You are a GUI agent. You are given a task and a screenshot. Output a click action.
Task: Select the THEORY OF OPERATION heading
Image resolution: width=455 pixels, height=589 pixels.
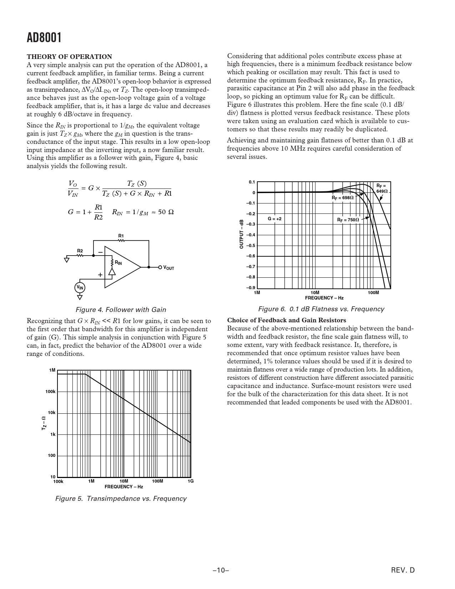click(70, 57)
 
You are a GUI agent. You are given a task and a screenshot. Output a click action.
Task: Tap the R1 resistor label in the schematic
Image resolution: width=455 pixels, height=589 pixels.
click(121, 236)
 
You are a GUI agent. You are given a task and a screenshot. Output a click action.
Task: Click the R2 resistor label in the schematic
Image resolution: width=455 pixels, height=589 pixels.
click(80, 251)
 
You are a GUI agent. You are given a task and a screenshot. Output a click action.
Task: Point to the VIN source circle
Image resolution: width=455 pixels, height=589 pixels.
click(80, 288)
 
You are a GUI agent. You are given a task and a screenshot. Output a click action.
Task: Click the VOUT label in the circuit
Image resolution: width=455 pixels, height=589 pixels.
click(168, 268)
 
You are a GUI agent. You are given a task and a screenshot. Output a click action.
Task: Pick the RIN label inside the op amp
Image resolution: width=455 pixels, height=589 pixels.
click(118, 263)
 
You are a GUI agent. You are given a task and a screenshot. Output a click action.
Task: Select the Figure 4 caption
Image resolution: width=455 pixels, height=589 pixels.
click(121, 309)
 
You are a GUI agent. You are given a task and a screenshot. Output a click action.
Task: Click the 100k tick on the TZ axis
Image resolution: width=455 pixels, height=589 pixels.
click(50, 392)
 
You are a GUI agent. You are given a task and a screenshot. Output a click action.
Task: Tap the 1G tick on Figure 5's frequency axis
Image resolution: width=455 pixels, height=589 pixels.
click(191, 481)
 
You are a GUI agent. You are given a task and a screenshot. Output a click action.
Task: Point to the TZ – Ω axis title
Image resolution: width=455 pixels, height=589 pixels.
click(44, 423)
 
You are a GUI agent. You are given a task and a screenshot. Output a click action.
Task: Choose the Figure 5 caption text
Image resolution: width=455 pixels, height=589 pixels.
click(121, 498)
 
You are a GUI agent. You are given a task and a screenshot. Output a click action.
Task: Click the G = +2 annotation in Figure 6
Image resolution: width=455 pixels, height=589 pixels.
click(274, 218)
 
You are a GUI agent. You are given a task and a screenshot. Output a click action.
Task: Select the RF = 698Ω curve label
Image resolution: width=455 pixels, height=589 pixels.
click(343, 198)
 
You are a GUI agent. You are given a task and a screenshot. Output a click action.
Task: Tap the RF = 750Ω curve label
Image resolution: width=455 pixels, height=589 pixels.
click(348, 220)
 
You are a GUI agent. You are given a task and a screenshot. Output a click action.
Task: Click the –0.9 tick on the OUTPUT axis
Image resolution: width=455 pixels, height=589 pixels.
click(251, 288)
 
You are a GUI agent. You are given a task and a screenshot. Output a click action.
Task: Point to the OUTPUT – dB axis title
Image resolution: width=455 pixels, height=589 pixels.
click(242, 234)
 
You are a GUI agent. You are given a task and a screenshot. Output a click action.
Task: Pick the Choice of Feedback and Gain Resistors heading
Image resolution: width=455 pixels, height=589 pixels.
click(287, 320)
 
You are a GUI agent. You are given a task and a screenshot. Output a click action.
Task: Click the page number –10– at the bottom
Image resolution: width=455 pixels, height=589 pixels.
click(221, 570)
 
